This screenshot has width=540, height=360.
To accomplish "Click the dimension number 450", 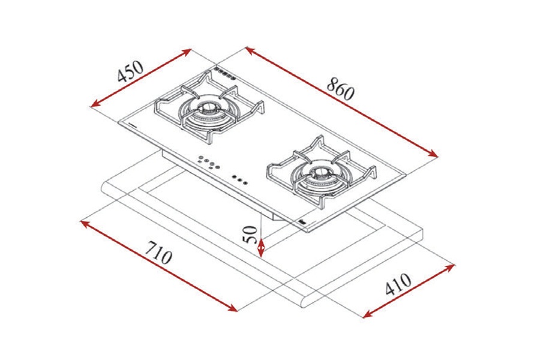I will [130, 71].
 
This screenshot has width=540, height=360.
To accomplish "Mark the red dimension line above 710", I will [159, 266].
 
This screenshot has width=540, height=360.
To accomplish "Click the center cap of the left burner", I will [208, 109].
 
